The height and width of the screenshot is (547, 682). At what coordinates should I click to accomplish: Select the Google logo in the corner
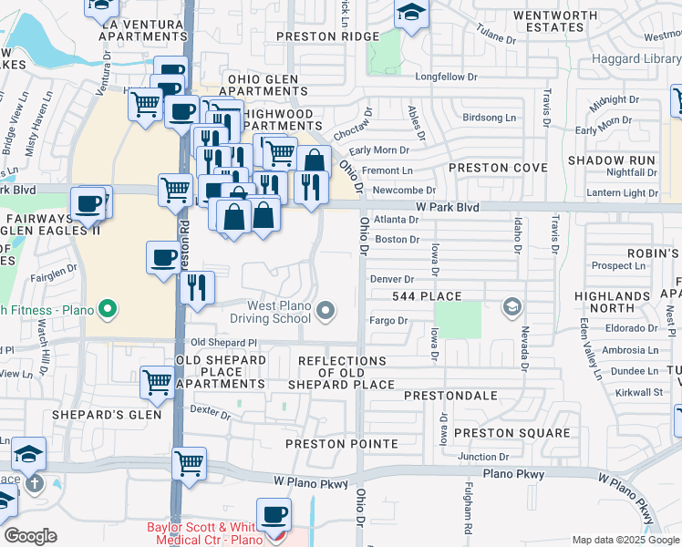30,536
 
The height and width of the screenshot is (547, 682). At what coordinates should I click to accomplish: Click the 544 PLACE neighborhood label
427,297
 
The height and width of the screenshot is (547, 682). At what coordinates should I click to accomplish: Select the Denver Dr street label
392,279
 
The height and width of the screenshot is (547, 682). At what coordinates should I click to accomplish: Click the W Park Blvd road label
447,208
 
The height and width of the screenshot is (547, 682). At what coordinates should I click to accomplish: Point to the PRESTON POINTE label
342,444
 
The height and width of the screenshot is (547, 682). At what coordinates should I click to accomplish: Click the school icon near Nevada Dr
512,306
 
